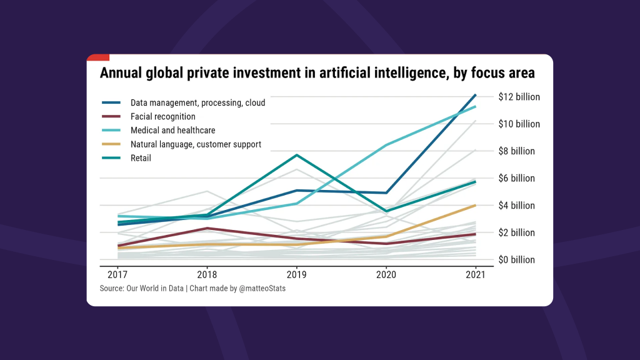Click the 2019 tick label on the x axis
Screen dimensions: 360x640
296,274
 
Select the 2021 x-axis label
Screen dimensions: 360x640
476,274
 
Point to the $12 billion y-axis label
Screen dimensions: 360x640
519,97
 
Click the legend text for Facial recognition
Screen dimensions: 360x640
162,116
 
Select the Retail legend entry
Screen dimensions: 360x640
141,158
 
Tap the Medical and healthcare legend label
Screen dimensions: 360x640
172,131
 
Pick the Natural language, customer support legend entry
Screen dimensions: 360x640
196,144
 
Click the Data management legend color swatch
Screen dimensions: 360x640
111,102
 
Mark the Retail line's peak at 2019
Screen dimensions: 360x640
297,154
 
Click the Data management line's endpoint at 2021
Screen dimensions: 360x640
476,95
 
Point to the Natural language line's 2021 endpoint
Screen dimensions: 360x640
476,205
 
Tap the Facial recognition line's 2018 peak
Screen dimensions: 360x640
207,228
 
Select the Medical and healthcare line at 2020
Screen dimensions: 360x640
386,145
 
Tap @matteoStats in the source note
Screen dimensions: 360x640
262,288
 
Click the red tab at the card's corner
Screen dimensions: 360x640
98,57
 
